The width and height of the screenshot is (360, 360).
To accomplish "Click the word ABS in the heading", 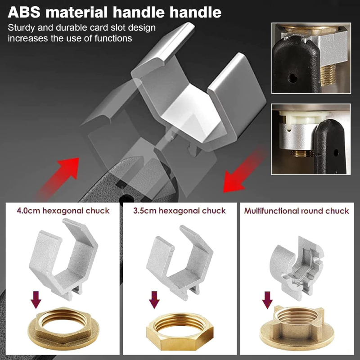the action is click(x=24, y=12).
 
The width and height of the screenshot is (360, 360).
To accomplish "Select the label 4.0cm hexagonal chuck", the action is click(x=63, y=211).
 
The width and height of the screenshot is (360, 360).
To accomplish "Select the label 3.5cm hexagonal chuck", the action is click(x=180, y=211).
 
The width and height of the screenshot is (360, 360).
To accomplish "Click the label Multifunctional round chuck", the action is click(x=297, y=211).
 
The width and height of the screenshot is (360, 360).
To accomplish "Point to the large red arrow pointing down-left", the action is click(x=244, y=171).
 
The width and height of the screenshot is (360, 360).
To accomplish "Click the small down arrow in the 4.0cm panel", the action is click(x=36, y=300).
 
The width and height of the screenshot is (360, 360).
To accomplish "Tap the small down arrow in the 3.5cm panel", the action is click(x=154, y=300).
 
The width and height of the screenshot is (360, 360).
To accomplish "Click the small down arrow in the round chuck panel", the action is click(x=267, y=300).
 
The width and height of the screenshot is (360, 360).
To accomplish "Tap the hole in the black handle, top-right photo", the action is click(x=292, y=78).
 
